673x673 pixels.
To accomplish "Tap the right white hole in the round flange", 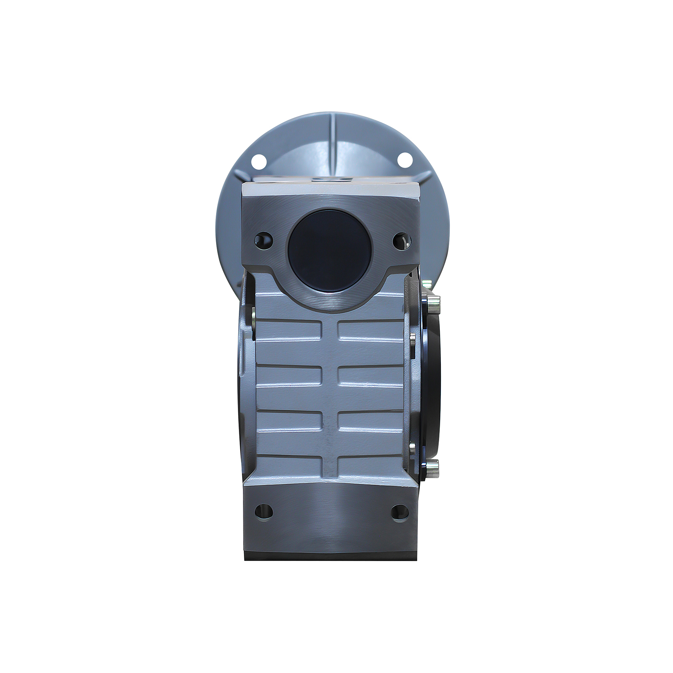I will [x=404, y=160].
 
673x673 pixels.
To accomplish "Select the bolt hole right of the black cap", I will [x=401, y=240].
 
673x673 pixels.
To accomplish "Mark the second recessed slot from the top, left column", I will [x=288, y=375].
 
